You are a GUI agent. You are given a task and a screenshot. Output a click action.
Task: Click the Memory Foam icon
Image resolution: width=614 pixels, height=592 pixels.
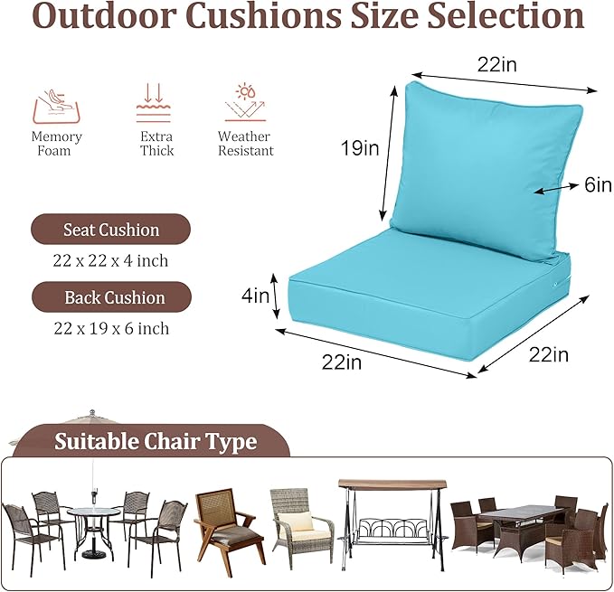pos(57,105)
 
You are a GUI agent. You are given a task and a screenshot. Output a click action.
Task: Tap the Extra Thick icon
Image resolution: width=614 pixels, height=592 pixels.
pos(153,104)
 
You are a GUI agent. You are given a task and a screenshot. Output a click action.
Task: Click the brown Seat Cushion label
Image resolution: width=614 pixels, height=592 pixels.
pos(111,230)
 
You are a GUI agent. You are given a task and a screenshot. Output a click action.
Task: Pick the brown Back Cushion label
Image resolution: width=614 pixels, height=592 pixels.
pos(112,297)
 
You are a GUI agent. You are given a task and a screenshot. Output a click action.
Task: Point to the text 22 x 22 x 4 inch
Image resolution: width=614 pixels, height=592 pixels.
pos(110,260)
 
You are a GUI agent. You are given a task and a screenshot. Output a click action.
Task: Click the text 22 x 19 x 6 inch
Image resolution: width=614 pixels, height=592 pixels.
pos(110,327)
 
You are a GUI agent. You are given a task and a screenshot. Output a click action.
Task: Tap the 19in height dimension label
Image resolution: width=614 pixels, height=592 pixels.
pos(359,148)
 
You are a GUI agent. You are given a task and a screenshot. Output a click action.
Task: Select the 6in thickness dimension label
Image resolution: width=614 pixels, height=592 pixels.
pos(597,184)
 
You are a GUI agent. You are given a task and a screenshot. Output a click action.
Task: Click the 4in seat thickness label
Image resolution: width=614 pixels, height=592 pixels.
pos(255,295)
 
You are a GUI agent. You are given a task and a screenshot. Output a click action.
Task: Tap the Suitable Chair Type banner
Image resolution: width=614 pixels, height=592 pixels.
pos(156,442)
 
